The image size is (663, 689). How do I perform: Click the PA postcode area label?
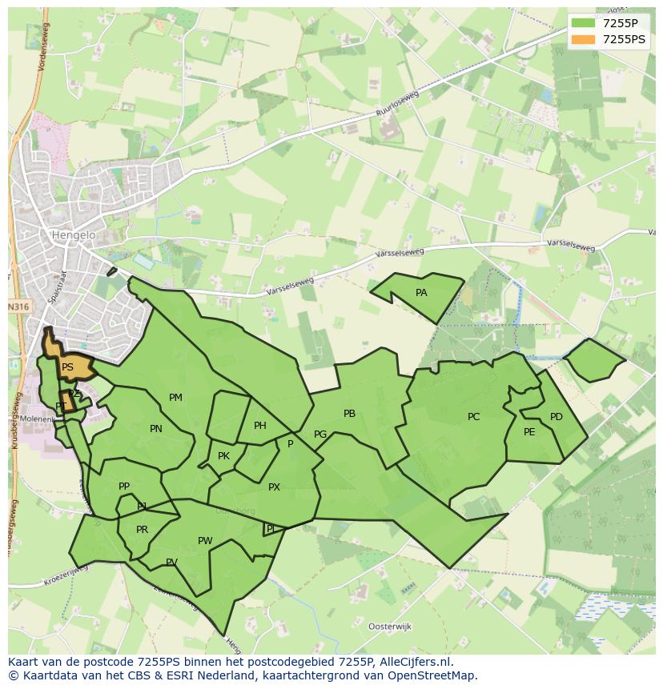click(421, 293)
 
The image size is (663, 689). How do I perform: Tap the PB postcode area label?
click(349, 414)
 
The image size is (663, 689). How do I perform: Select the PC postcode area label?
click(473, 417)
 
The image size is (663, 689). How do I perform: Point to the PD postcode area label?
click(557, 417)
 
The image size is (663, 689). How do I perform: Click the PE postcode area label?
click(529, 432)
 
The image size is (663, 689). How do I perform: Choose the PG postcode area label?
click(320, 435)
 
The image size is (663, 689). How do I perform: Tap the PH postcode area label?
click(260, 426)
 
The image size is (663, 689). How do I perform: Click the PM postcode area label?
click(175, 398)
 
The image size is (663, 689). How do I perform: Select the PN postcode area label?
click(156, 429)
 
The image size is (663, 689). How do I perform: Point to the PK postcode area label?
click(223, 456)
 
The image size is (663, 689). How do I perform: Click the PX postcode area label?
click(274, 487)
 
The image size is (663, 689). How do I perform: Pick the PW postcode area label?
click(205, 541)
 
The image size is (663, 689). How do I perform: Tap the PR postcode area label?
click(142, 530)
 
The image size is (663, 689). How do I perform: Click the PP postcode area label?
click(124, 487)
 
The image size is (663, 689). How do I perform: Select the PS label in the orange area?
click(67, 367)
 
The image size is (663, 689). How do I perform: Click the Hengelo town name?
click(73, 235)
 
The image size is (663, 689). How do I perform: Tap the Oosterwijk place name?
click(389, 627)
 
